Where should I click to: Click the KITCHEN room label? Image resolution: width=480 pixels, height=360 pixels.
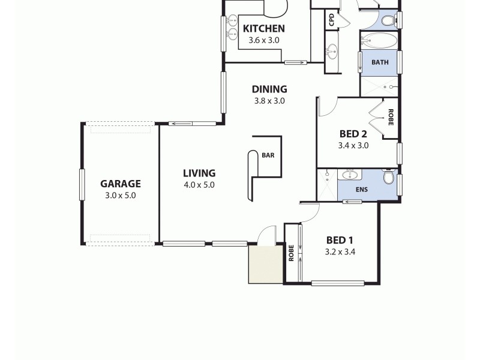(263, 28)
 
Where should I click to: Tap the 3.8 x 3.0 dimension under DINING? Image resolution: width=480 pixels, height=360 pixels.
(269, 101)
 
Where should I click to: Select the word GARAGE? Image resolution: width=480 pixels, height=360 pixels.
(120, 184)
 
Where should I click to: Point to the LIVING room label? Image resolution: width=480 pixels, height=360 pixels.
(199, 173)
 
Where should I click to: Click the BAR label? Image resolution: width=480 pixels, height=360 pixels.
(268, 155)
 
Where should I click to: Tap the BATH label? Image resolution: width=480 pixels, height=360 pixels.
(380, 62)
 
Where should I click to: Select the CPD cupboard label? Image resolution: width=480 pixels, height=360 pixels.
(331, 20)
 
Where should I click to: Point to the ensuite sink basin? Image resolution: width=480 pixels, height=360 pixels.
(349, 175)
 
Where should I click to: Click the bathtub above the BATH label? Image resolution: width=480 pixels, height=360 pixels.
(379, 42)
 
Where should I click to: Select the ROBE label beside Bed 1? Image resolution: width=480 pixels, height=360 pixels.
(291, 253)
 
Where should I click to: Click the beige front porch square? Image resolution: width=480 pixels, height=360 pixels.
(266, 263)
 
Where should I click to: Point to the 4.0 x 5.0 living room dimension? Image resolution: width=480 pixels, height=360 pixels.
(199, 185)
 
